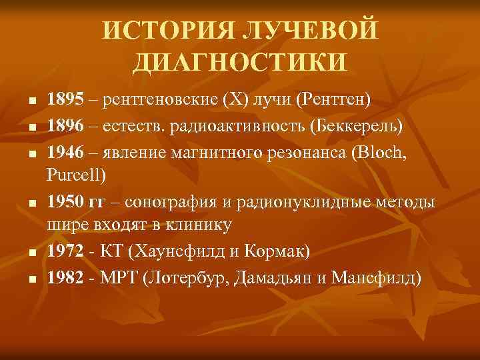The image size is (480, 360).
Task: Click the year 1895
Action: point(65,100)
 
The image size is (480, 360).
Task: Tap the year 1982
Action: point(65,277)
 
